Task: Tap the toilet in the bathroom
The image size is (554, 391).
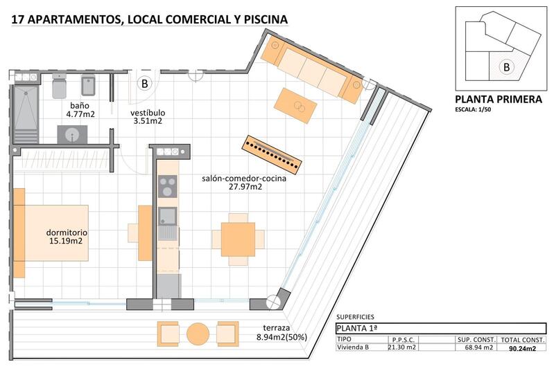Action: tap(59, 88)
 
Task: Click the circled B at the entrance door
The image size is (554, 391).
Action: tap(145, 84)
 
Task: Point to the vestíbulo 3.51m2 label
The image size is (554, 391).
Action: tap(148, 116)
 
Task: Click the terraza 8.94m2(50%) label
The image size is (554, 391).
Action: tap(282, 333)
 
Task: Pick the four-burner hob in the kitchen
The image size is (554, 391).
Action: tap(167, 186)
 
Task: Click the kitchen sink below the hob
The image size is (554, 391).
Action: tap(167, 218)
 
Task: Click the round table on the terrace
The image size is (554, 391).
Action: tap(198, 334)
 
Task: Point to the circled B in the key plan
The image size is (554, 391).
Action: tap(507, 67)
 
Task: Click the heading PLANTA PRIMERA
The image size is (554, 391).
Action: tap(498, 100)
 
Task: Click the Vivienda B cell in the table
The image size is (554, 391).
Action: tap(353, 347)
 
